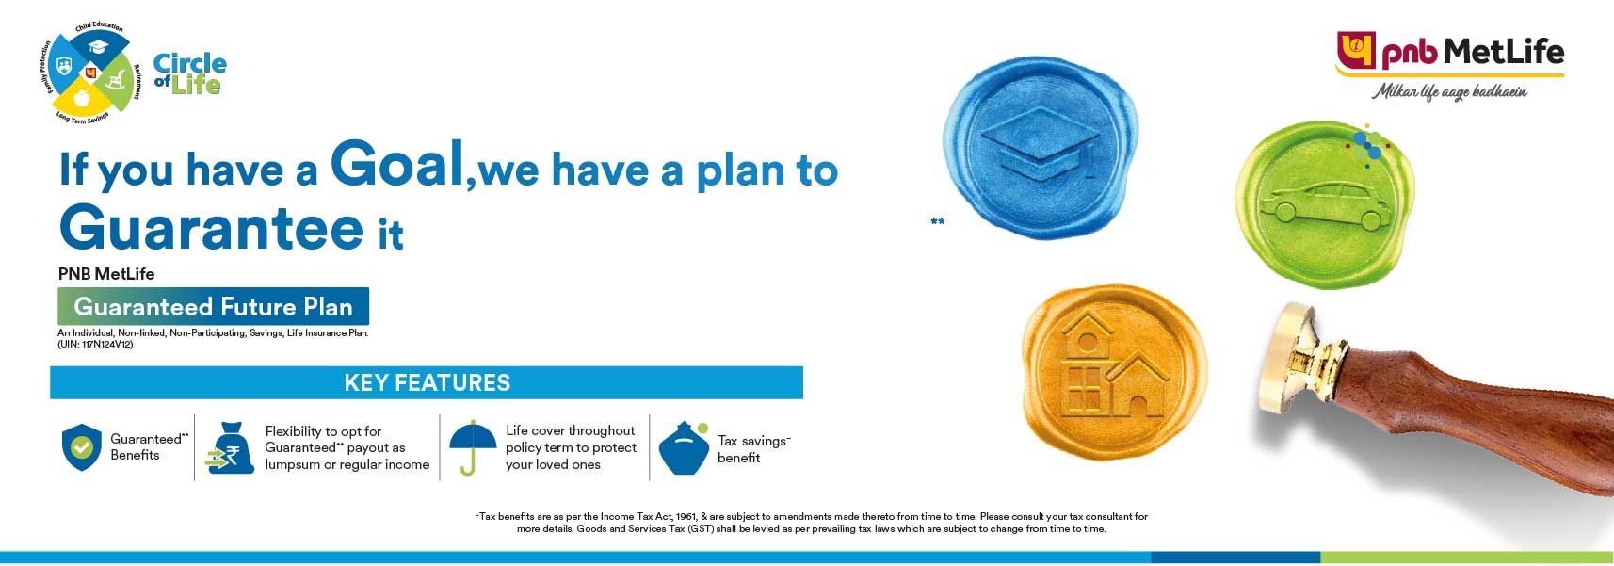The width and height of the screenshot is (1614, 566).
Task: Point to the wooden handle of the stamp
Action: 1469,424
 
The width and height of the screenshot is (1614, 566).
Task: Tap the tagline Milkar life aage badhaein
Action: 1449,91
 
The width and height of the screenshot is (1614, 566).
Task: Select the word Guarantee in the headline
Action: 211,229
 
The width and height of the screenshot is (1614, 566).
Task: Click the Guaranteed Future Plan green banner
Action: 213,307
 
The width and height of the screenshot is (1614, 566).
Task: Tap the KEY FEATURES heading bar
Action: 427,382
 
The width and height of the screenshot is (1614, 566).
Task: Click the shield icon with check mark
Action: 81,447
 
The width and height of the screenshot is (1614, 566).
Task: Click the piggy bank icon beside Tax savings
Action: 684,449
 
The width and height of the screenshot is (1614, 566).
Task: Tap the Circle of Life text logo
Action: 188,74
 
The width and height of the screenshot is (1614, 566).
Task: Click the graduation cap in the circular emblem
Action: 98,46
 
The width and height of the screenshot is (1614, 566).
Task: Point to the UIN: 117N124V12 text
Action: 95,345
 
